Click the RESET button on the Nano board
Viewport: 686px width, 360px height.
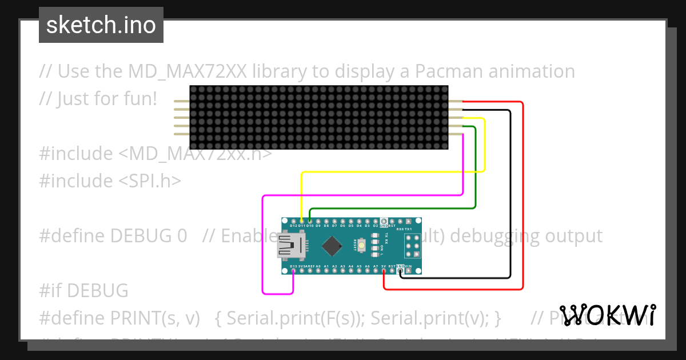click(x=362, y=245)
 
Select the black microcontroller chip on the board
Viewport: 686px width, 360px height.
click(x=332, y=246)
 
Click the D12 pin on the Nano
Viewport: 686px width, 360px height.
click(x=294, y=221)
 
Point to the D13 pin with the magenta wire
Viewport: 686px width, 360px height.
click(x=293, y=270)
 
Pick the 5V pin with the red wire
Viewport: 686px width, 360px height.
click(x=384, y=270)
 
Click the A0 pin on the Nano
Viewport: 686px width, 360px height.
click(x=318, y=270)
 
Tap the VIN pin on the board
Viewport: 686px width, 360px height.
click(x=409, y=270)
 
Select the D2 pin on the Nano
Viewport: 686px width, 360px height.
click(x=376, y=221)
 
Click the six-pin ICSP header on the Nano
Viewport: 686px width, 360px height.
click(x=413, y=246)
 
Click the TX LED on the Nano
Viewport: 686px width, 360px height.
click(x=375, y=235)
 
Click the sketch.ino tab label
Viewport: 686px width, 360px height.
click(x=101, y=25)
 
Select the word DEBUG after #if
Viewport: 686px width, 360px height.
click(x=97, y=291)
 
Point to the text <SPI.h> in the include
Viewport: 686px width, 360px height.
click(x=150, y=181)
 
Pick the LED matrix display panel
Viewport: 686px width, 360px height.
click(x=319, y=117)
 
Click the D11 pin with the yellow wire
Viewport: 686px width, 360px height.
click(x=302, y=221)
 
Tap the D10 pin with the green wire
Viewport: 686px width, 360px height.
click(x=310, y=221)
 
